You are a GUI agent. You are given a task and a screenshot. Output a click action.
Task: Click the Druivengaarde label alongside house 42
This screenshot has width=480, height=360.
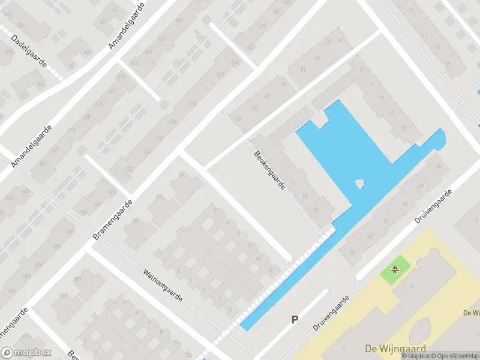point(434,207)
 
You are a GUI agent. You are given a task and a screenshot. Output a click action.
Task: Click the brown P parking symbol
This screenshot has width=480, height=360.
point(295,320)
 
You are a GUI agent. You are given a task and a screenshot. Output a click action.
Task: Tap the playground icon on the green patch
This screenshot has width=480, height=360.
point(395,270)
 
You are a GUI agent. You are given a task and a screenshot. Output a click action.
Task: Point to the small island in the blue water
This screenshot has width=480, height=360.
point(359,184)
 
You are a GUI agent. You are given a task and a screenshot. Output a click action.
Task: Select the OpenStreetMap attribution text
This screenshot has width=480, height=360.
point(455,356)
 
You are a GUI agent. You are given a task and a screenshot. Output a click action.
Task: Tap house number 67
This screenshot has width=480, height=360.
point(268,96)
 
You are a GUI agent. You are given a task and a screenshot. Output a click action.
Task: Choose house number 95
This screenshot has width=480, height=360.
point(136,221)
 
